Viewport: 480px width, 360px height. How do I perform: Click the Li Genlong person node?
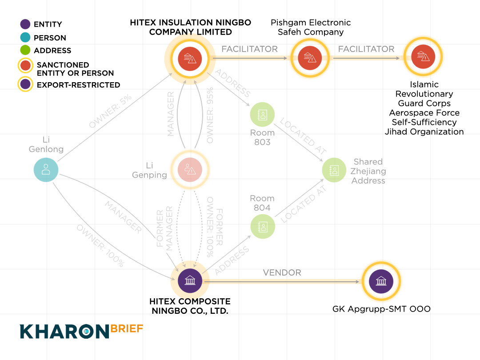(x=46, y=170)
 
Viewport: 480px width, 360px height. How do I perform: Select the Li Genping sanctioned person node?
(x=190, y=170)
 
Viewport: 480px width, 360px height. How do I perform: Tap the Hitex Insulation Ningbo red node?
(x=190, y=59)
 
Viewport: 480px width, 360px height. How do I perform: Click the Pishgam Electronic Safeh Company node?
(x=310, y=58)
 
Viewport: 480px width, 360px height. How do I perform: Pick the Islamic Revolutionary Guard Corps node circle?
(x=424, y=57)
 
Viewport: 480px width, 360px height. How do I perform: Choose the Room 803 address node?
(x=262, y=115)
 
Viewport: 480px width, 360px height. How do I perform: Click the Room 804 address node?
(x=263, y=227)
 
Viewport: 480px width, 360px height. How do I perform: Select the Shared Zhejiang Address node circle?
(x=334, y=170)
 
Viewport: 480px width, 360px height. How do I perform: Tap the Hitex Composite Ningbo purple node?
(x=190, y=280)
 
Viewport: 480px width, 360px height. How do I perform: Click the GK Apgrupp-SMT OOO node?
(x=381, y=281)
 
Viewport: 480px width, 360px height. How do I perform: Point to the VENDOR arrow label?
(x=282, y=272)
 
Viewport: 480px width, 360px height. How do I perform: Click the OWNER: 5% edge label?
(x=110, y=111)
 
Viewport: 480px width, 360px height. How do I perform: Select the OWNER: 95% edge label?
(x=210, y=115)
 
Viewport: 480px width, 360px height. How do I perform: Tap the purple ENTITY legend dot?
(x=25, y=24)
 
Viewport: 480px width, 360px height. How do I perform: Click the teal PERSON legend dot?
(x=25, y=37)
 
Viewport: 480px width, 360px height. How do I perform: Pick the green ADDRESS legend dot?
(x=25, y=50)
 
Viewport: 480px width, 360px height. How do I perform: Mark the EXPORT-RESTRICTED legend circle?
(x=25, y=84)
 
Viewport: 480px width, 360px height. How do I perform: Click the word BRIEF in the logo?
(x=127, y=328)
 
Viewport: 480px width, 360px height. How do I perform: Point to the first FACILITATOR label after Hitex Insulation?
(x=249, y=49)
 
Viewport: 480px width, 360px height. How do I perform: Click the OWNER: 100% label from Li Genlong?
(x=100, y=246)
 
